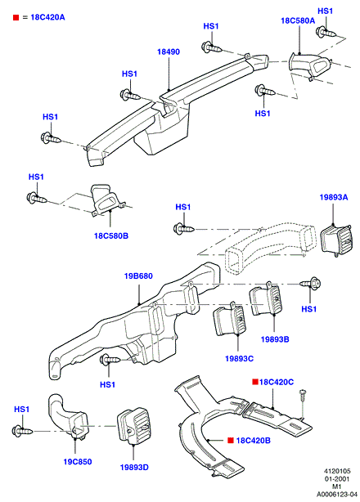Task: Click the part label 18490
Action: coord(169,52)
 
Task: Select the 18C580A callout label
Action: coord(298,20)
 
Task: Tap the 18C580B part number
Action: coord(110,236)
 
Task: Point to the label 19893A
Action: coord(334,197)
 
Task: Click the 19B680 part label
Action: coord(138,276)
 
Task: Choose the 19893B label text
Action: coord(275,339)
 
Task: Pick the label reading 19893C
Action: coord(239,359)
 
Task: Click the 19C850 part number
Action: coord(78,462)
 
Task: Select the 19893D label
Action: coord(134,468)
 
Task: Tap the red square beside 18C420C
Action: coord(255,382)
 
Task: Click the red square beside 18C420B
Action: coord(231,441)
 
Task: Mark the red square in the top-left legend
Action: coord(16,17)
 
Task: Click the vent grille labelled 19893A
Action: coord(336,240)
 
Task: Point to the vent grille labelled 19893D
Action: coord(134,427)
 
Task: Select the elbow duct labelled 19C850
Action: coord(68,415)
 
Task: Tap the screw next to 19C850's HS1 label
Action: coord(22,431)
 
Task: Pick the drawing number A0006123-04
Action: coord(337,495)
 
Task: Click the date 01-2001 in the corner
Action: coord(337,479)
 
